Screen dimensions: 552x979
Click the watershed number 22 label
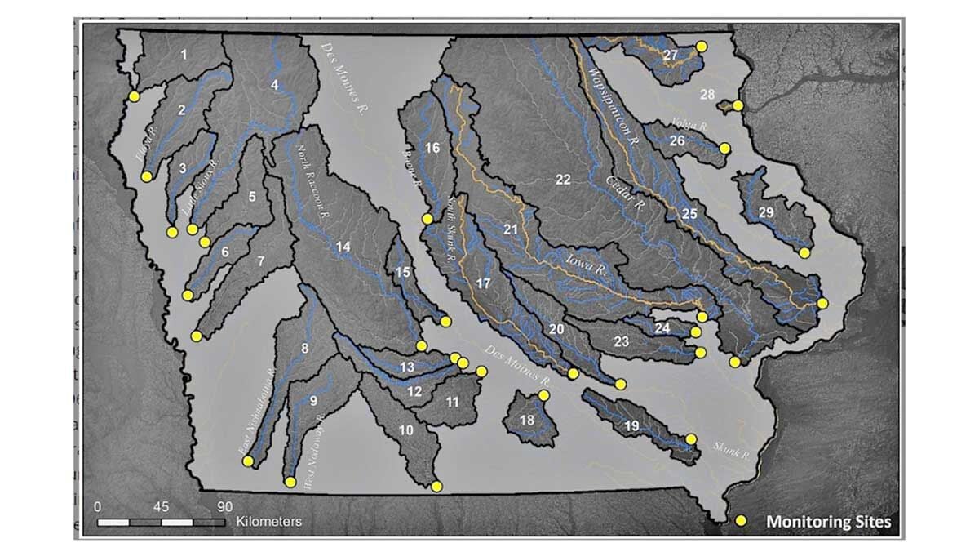coord(563,180)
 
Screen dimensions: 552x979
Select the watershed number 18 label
coord(528,420)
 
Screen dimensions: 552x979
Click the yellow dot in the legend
coord(742,520)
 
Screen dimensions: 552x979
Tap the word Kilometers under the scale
coord(269,520)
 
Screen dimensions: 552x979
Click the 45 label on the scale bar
coord(160,504)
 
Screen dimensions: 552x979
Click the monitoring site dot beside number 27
coord(701,47)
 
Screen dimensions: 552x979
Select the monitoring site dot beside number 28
coord(738,105)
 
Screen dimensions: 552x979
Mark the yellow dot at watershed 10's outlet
coord(436,487)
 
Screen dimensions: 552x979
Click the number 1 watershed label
coord(184,55)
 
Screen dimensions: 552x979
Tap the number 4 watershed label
coord(275,84)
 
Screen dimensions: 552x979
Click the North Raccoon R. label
coord(312,180)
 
